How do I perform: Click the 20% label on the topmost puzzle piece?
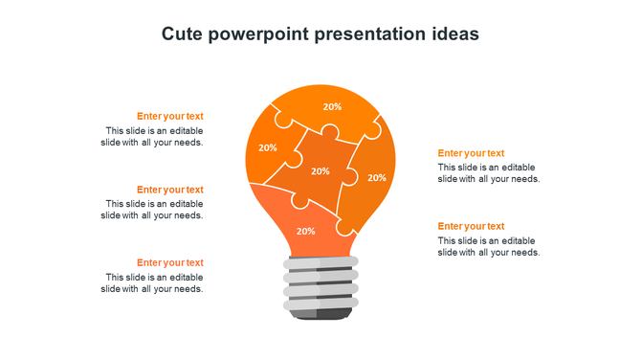332,107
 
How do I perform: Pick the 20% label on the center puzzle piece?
320,171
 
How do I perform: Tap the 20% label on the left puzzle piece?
268,148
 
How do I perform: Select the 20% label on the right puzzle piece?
377,177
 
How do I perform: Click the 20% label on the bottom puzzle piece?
305,231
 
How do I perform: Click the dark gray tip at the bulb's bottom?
320,314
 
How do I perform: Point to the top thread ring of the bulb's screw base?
320,262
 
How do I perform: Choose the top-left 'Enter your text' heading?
169,117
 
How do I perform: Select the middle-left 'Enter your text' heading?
169,190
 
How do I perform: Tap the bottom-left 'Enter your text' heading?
169,262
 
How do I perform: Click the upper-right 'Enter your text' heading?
471,153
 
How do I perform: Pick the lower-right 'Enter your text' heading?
471,226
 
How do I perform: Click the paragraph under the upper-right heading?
489,173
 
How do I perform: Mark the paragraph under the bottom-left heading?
152,282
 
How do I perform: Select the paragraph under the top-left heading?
152,137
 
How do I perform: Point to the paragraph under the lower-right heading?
489,246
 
